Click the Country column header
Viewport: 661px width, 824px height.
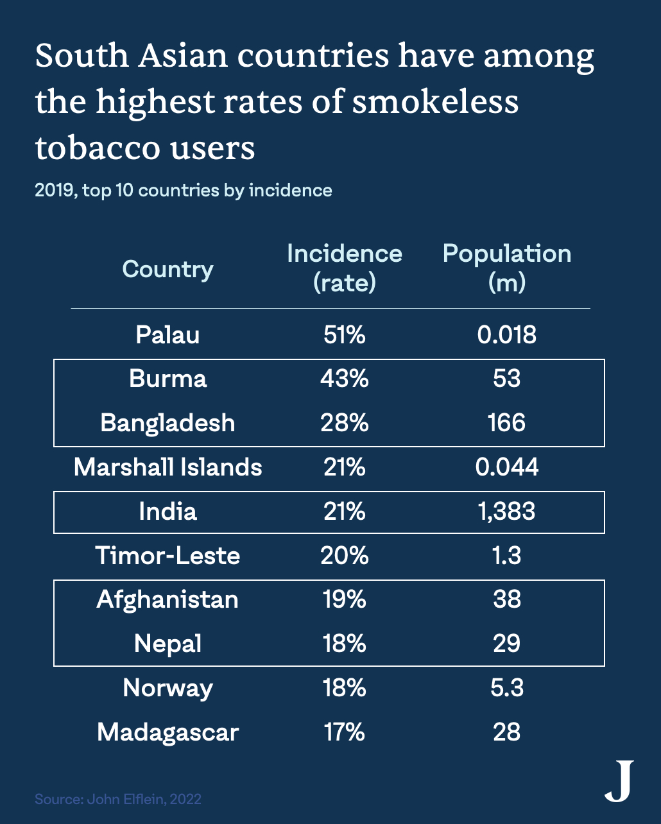point(167,270)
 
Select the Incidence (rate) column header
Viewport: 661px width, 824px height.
point(344,268)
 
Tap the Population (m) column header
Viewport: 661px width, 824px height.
point(507,268)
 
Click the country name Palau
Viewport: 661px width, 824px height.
point(167,334)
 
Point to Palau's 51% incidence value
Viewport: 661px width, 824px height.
point(344,334)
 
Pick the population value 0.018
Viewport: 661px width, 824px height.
point(507,334)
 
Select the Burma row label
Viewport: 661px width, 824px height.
point(167,379)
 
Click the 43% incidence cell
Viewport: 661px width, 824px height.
point(344,379)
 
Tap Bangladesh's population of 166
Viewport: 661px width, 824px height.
point(507,423)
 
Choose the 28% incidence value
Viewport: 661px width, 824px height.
point(344,423)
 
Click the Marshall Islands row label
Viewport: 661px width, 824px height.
point(167,467)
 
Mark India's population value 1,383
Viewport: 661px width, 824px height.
point(507,511)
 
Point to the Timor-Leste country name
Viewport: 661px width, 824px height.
point(167,556)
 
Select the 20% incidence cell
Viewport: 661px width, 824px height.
point(344,556)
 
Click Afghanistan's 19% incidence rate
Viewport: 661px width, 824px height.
point(344,599)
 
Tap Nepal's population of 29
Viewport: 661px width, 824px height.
point(507,643)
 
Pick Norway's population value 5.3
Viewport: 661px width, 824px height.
point(507,688)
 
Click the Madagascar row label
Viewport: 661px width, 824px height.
point(167,732)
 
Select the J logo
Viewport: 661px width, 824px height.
point(620,781)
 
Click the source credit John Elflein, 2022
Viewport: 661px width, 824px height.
point(144,799)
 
